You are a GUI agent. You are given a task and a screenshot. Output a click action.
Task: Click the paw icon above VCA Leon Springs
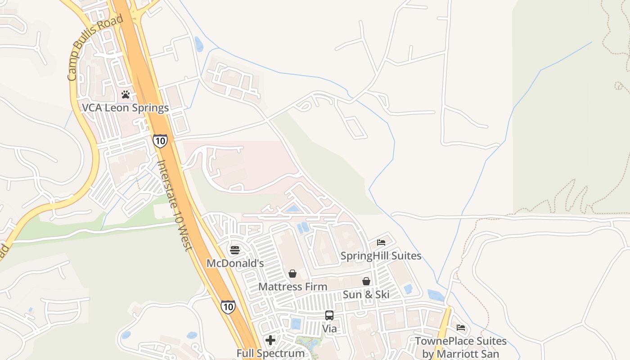coord(126,95)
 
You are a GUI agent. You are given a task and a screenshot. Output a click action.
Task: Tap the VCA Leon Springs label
coord(125,108)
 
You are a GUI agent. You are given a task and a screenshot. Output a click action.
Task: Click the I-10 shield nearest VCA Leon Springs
coord(160,141)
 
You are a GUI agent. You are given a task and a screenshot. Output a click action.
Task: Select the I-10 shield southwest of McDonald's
coord(228,307)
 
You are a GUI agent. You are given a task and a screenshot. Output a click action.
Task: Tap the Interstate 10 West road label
coord(175,205)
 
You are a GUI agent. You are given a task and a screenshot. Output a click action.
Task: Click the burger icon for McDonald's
coord(234,250)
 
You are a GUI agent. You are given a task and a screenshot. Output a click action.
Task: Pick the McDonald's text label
coord(235,263)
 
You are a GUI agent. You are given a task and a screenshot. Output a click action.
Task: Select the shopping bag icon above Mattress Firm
coord(292,274)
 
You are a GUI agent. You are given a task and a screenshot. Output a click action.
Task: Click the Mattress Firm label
coord(292,287)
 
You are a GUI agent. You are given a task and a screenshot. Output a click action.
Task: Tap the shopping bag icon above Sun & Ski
coord(366,281)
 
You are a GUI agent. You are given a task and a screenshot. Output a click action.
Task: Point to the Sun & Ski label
coord(366,295)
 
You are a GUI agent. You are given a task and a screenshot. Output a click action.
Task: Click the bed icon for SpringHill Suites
coord(381,243)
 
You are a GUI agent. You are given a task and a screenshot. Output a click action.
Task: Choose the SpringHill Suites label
coord(381,256)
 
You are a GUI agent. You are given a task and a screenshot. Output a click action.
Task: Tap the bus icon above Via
coord(329,315)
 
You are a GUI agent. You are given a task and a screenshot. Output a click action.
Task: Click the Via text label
coord(329,328)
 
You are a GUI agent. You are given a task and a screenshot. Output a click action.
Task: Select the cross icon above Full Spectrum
coord(270,340)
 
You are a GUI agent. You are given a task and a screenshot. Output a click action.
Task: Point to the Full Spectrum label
coord(270,353)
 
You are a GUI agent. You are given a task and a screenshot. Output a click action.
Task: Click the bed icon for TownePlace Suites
coord(460,328)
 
